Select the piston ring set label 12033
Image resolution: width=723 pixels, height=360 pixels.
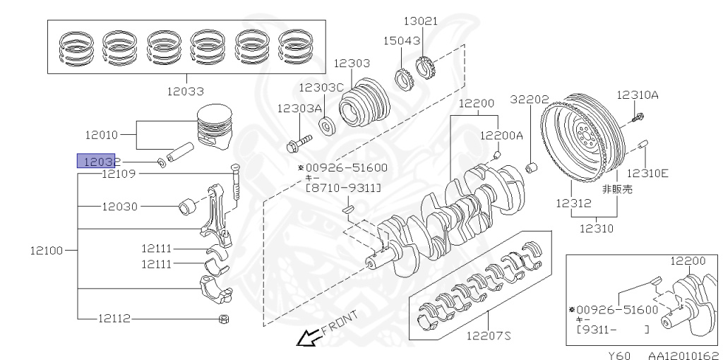pos(186,91)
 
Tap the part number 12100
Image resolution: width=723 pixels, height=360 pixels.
pos(47,250)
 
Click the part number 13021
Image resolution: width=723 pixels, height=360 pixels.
pos(420,21)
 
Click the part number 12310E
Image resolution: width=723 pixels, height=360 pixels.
pos(647,172)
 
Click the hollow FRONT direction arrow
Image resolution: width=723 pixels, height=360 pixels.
pos(307,340)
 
